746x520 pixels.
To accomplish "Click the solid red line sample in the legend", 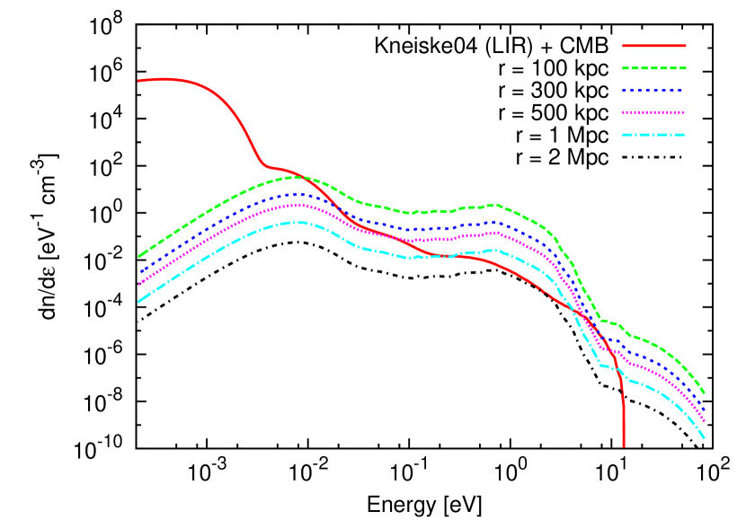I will [x=653, y=45].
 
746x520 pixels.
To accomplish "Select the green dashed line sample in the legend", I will [x=653, y=67].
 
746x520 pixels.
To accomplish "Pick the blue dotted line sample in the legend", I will [x=653, y=91].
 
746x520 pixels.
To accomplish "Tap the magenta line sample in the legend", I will [x=653, y=112].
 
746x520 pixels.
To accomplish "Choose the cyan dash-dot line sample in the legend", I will [x=653, y=135].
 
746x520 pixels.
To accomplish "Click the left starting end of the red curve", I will [x=138, y=81].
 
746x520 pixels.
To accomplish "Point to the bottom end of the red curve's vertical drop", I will [x=623, y=445].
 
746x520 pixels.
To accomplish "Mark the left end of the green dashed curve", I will [x=138, y=257].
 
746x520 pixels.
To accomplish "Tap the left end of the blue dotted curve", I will [x=138, y=271].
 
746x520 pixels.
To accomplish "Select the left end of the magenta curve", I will [x=138, y=284].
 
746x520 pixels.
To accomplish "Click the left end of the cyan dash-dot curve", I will [x=138, y=302].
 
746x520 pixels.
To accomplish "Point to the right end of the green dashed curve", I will [x=704, y=393].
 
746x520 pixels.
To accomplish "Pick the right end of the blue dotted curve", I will [x=704, y=410].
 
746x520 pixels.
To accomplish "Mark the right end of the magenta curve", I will [x=704, y=420].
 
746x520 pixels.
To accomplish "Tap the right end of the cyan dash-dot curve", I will [x=704, y=438].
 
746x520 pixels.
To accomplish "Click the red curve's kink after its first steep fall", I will [x=264, y=165].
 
